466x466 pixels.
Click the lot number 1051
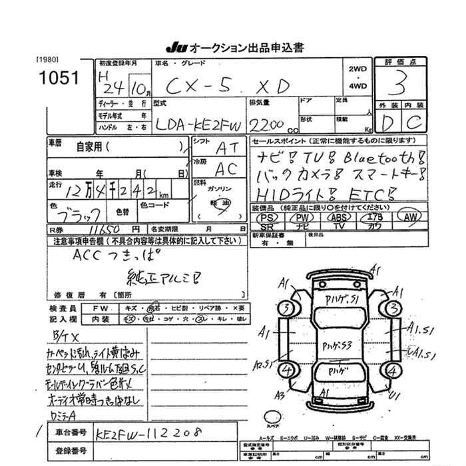coord(59,77)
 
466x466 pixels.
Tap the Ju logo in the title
coord(176,48)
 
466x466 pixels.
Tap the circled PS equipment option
coord(268,218)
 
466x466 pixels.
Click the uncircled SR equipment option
coord(267,226)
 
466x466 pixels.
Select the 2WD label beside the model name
coord(356,69)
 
